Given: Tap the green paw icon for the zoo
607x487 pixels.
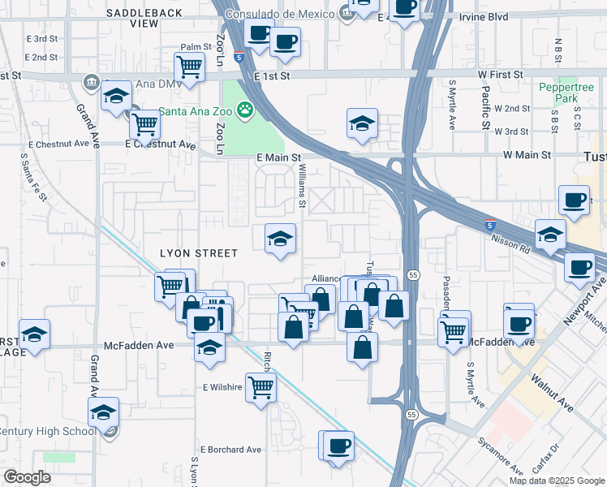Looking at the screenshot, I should [244, 110].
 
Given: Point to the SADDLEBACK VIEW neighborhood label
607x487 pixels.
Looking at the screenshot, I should [144, 18].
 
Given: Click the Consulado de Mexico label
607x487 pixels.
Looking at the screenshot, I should [280, 14].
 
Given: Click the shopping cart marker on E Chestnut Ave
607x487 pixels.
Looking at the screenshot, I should [144, 125].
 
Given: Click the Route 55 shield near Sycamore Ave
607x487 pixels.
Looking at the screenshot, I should [411, 415].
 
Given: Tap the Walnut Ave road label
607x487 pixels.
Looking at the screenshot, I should [553, 392].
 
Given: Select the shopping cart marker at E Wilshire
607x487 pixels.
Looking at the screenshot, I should [260, 387].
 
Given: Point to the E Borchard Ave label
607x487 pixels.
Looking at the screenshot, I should [232, 449].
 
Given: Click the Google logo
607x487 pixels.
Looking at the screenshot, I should [28, 477].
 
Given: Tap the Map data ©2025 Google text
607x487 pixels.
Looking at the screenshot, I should [556, 481].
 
